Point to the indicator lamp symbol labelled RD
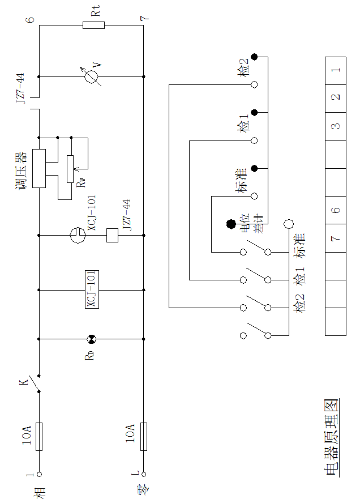tap(91, 339)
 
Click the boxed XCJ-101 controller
tap(91, 289)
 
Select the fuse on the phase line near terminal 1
tap(39, 436)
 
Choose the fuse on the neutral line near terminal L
tap(144, 436)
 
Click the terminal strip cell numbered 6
tap(336, 210)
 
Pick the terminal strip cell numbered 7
tap(336, 237)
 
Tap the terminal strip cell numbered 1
tap(336, 71)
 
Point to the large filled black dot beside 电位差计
tap(231, 224)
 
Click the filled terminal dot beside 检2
tap(255, 57)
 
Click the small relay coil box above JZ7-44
tap(112, 235)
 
